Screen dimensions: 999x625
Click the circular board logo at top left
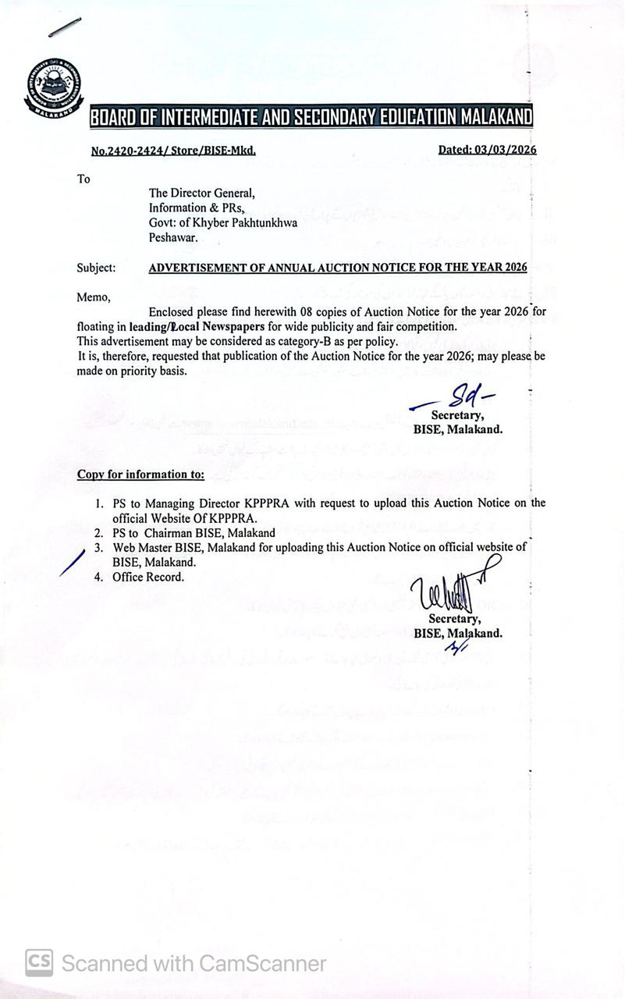pos(51,87)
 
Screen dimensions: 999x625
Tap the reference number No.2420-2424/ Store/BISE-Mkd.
pos(173,151)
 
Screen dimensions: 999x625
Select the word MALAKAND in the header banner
pos(495,118)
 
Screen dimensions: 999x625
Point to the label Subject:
pos(96,268)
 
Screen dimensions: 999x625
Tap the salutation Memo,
pos(94,297)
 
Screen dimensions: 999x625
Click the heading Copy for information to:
pos(140,475)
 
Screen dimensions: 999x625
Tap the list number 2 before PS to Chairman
pos(99,533)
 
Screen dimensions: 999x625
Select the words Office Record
pos(148,577)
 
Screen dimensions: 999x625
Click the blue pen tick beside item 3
pos(72,561)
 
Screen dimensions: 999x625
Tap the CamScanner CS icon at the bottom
pos(39,962)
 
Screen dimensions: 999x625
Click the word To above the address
pos(83,179)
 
